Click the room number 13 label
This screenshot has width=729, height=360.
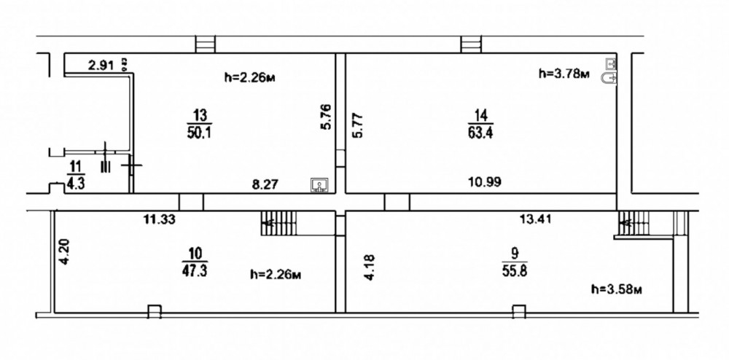tap(200, 115)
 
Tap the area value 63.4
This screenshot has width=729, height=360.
tap(480, 134)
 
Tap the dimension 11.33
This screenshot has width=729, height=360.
tap(159, 219)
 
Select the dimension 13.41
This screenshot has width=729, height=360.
tap(535, 219)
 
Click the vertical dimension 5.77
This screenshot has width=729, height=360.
tap(359, 125)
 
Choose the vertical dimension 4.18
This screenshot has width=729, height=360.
tap(370, 267)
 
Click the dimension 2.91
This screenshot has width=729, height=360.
tap(101, 66)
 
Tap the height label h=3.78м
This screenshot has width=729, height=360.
tap(564, 74)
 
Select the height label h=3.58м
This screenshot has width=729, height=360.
tap(617, 289)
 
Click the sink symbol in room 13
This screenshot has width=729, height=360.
tap(319, 185)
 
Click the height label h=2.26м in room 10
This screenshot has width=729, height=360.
tap(276, 275)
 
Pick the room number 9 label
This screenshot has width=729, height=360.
tap(514, 254)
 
